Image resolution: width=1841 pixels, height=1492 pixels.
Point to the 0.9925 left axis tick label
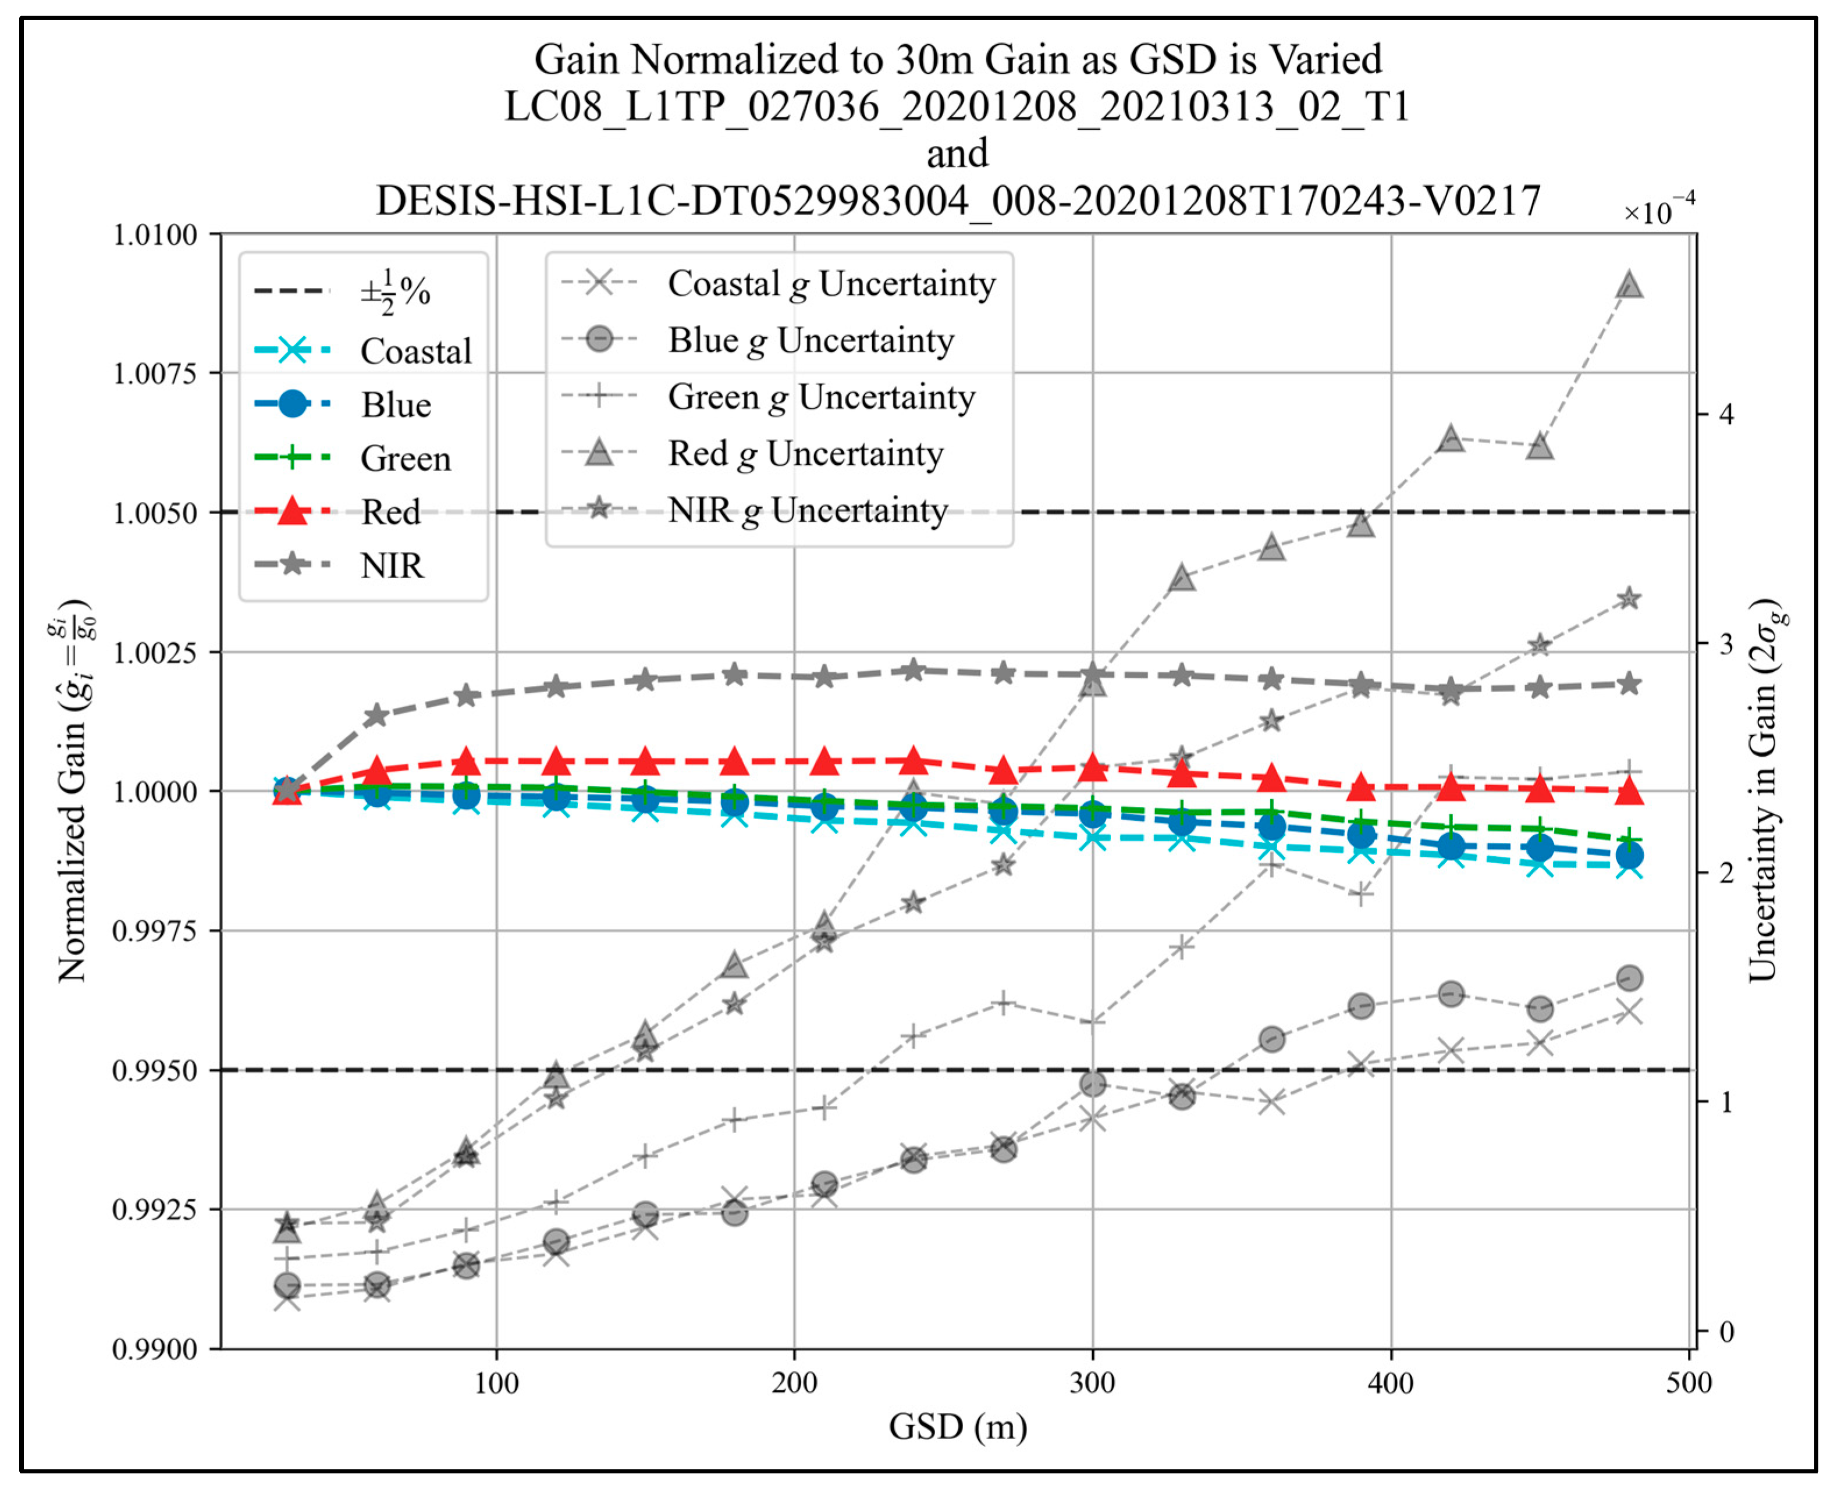click(x=155, y=1210)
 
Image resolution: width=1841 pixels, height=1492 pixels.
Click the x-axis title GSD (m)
click(x=958, y=1427)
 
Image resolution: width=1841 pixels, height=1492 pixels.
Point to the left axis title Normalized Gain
click(x=74, y=790)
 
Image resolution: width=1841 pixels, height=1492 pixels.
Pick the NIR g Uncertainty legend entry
click(x=808, y=511)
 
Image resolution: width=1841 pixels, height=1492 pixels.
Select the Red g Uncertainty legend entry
click(x=805, y=454)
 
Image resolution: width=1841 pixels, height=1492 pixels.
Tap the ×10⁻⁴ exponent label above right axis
click(x=1659, y=211)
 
